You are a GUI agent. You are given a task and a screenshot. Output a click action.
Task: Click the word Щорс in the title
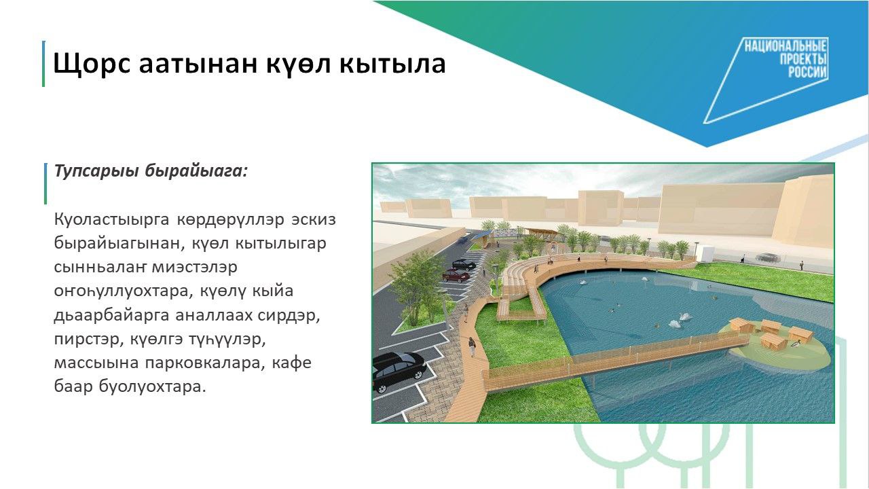click(92, 64)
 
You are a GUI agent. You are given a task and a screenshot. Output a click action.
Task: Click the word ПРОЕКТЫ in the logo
click(803, 59)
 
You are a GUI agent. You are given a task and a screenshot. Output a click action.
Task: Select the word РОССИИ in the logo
click(807, 72)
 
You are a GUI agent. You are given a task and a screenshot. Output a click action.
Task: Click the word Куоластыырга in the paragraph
click(112, 220)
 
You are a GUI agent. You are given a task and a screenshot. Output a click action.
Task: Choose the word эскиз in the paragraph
click(314, 219)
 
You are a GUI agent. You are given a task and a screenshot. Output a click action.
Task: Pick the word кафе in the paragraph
click(291, 363)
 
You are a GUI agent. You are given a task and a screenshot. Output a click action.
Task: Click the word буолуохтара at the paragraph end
click(152, 387)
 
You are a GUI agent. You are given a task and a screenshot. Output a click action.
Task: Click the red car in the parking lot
click(456, 276)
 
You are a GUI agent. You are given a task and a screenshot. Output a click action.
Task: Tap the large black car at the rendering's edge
click(398, 371)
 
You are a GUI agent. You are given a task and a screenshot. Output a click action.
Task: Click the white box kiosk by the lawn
click(705, 252)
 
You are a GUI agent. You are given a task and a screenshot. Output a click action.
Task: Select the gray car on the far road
click(767, 257)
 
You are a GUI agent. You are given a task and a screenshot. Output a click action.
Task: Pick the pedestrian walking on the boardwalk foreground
click(472, 346)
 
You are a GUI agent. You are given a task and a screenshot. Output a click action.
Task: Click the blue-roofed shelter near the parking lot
click(481, 238)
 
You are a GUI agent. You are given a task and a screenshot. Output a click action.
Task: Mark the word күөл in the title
click(298, 64)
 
